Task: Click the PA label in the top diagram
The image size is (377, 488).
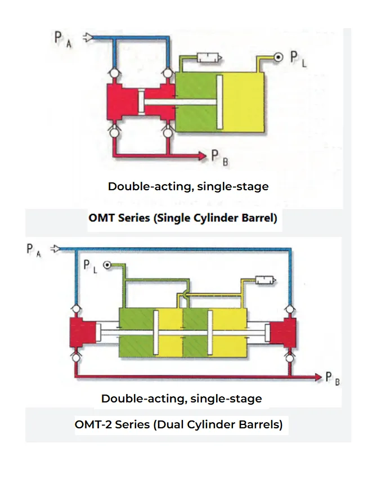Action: (62, 39)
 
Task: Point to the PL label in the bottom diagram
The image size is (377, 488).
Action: (91, 266)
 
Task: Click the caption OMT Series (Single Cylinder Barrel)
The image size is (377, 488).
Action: (183, 218)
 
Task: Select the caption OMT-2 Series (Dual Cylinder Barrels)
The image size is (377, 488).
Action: (179, 424)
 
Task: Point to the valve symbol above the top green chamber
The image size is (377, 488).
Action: (209, 59)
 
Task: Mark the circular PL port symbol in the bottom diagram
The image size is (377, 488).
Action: (106, 265)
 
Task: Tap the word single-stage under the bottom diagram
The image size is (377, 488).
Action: (226, 399)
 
